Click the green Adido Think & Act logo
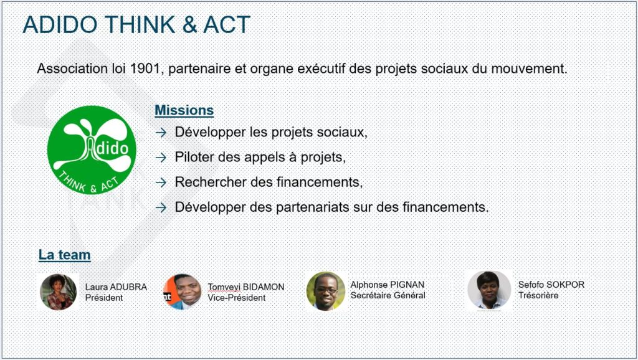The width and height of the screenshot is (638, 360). [x=92, y=149]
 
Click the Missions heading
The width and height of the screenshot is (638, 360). [x=184, y=110]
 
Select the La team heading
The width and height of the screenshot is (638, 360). [x=64, y=255]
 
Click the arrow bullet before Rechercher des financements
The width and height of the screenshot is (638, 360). [x=161, y=182]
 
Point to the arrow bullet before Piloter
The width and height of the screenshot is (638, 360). [x=161, y=158]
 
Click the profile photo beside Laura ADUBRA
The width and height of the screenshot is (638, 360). [x=58, y=292]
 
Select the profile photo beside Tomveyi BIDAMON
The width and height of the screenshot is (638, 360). [x=183, y=291]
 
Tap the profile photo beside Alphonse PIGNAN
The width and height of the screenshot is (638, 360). [x=325, y=291]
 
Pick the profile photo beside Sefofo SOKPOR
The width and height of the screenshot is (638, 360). [x=489, y=290]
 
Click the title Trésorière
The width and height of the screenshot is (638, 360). [x=538, y=295]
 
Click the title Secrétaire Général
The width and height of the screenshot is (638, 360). [x=388, y=295]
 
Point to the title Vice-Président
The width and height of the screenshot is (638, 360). [x=236, y=298]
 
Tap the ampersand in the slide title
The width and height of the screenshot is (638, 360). [x=189, y=24]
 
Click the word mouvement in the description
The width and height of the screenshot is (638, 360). [x=529, y=69]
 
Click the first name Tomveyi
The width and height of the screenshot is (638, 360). [x=224, y=287]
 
